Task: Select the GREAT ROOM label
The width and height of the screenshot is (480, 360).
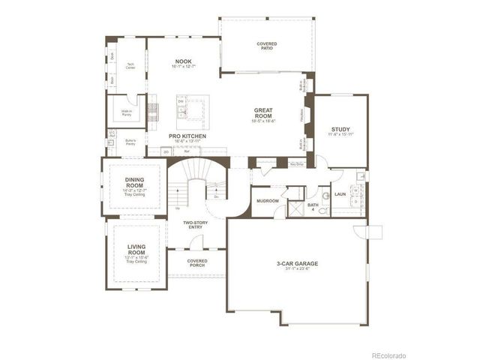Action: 265,112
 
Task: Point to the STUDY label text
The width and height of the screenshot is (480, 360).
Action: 340,129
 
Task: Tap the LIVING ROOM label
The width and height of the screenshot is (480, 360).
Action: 135,249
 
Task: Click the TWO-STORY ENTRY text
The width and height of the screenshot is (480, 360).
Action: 196,225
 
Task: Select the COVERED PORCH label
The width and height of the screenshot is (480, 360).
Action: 196,262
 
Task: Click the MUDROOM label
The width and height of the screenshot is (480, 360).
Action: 268,201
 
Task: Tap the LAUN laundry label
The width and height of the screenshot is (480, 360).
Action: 340,194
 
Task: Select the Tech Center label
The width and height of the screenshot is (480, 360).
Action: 129,64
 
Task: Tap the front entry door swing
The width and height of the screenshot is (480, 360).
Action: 196,243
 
